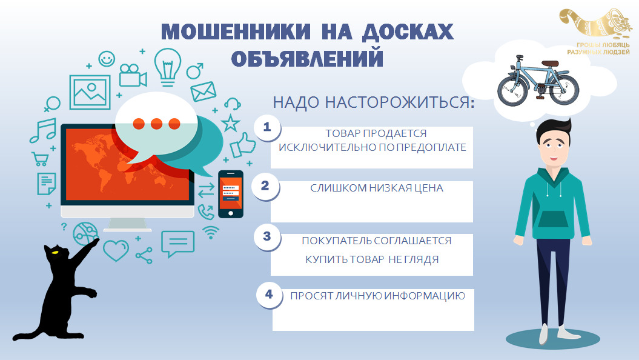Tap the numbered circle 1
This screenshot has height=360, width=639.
click(x=267, y=127)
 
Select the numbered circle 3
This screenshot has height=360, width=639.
click(x=267, y=236)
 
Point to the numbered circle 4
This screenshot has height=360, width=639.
click(x=270, y=295)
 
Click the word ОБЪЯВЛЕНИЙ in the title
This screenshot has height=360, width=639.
click(x=308, y=58)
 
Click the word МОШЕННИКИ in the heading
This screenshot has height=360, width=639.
click(x=236, y=32)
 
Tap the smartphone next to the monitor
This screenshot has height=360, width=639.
click(x=231, y=194)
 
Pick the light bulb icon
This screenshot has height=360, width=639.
click(x=168, y=67)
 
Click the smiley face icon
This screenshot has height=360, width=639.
click(x=107, y=59)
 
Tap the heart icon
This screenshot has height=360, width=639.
click(x=116, y=250)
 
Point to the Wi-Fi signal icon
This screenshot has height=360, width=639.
click(x=211, y=232)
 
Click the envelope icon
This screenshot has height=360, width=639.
click(x=204, y=92)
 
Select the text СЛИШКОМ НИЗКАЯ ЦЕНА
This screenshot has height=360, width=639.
click(x=377, y=188)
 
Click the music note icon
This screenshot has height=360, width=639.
click(x=43, y=130)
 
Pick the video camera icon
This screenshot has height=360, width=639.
click(x=133, y=75)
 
